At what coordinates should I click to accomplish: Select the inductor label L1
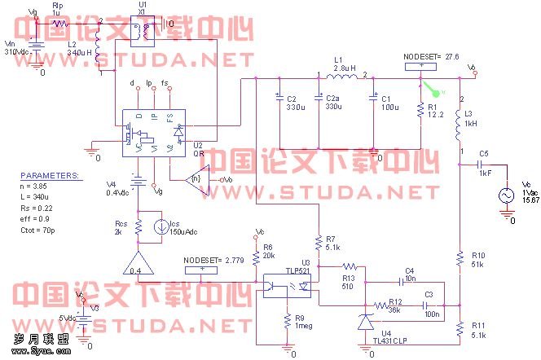point(338,60)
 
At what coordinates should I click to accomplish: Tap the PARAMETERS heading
point(50,175)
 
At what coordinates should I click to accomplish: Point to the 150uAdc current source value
point(168,232)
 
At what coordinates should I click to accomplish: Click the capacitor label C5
point(485,153)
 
